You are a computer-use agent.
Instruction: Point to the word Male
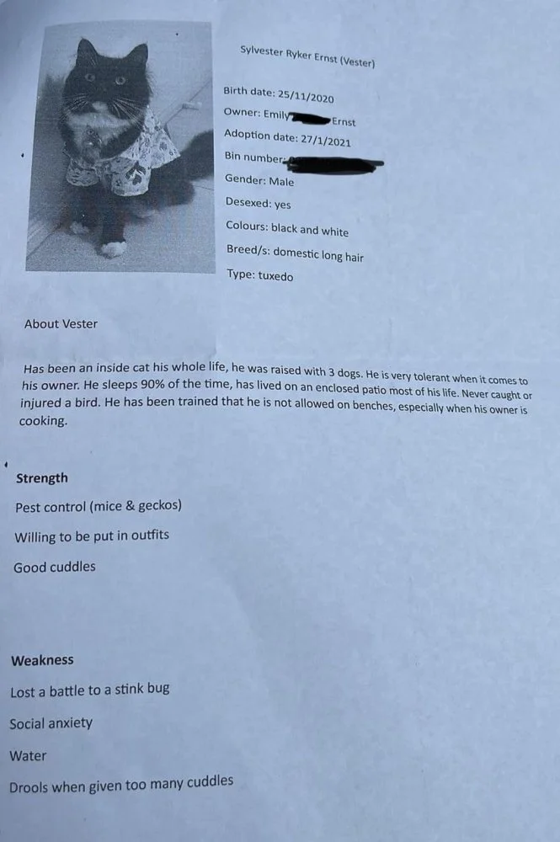click(281, 181)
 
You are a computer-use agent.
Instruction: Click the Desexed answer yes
click(283, 204)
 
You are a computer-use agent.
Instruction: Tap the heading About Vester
click(61, 323)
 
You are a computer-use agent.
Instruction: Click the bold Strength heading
click(42, 478)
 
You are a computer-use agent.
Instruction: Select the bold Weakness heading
click(42, 660)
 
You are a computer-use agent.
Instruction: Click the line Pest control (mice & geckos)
click(99, 506)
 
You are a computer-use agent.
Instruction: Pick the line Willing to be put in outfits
click(92, 536)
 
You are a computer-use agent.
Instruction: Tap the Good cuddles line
click(55, 568)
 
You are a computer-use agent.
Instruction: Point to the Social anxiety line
click(51, 723)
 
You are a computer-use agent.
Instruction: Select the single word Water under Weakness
click(28, 756)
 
